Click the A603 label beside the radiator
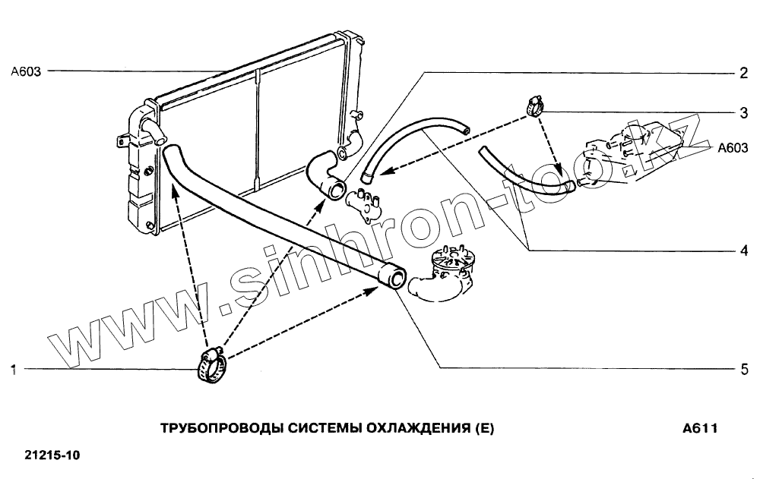[x=26, y=72]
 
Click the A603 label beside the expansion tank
[x=733, y=149]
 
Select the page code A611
[x=700, y=428]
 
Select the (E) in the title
[x=483, y=428]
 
